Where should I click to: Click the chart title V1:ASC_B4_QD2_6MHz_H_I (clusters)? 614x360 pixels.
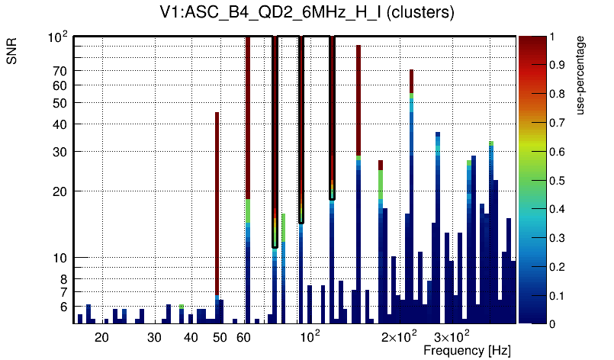click(x=307, y=12)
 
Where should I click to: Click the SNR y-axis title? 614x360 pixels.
click(x=12, y=53)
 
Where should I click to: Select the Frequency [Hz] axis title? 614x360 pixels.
click(x=467, y=350)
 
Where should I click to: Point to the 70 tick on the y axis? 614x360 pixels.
click(x=60, y=71)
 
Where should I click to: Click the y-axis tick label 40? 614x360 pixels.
click(x=60, y=124)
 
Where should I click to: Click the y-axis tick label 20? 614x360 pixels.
click(x=60, y=191)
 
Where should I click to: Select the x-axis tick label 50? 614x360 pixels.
click(x=220, y=337)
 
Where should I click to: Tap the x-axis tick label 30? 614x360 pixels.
click(x=155, y=337)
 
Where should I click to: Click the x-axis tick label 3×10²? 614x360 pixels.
click(x=452, y=336)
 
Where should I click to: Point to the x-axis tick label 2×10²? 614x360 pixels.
click(x=400, y=336)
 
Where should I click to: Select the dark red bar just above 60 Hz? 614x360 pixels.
click(x=248, y=114)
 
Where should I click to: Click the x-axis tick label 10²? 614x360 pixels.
click(x=308, y=336)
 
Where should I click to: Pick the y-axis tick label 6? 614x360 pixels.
click(x=64, y=307)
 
